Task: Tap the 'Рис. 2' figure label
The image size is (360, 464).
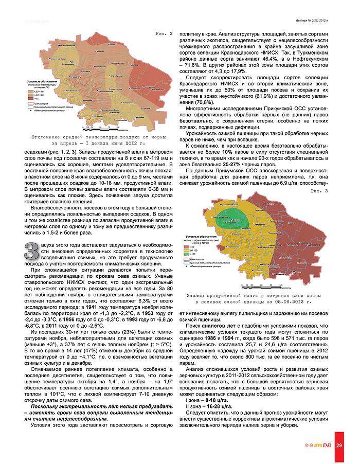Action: coord(164,33)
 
